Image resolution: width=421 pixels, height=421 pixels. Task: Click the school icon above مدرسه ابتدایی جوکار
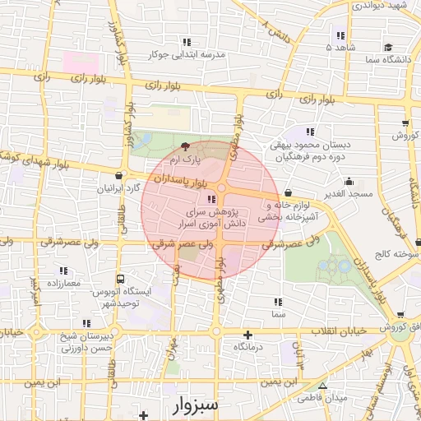(x=187, y=42)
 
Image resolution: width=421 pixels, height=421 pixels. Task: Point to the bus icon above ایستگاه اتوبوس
(x=121, y=280)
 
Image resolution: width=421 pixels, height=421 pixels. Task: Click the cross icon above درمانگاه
(x=248, y=335)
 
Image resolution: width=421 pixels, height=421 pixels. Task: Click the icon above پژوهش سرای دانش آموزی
(x=211, y=199)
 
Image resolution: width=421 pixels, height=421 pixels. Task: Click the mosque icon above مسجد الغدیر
(x=349, y=181)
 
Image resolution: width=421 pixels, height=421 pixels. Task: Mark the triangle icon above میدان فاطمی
(x=322, y=386)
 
